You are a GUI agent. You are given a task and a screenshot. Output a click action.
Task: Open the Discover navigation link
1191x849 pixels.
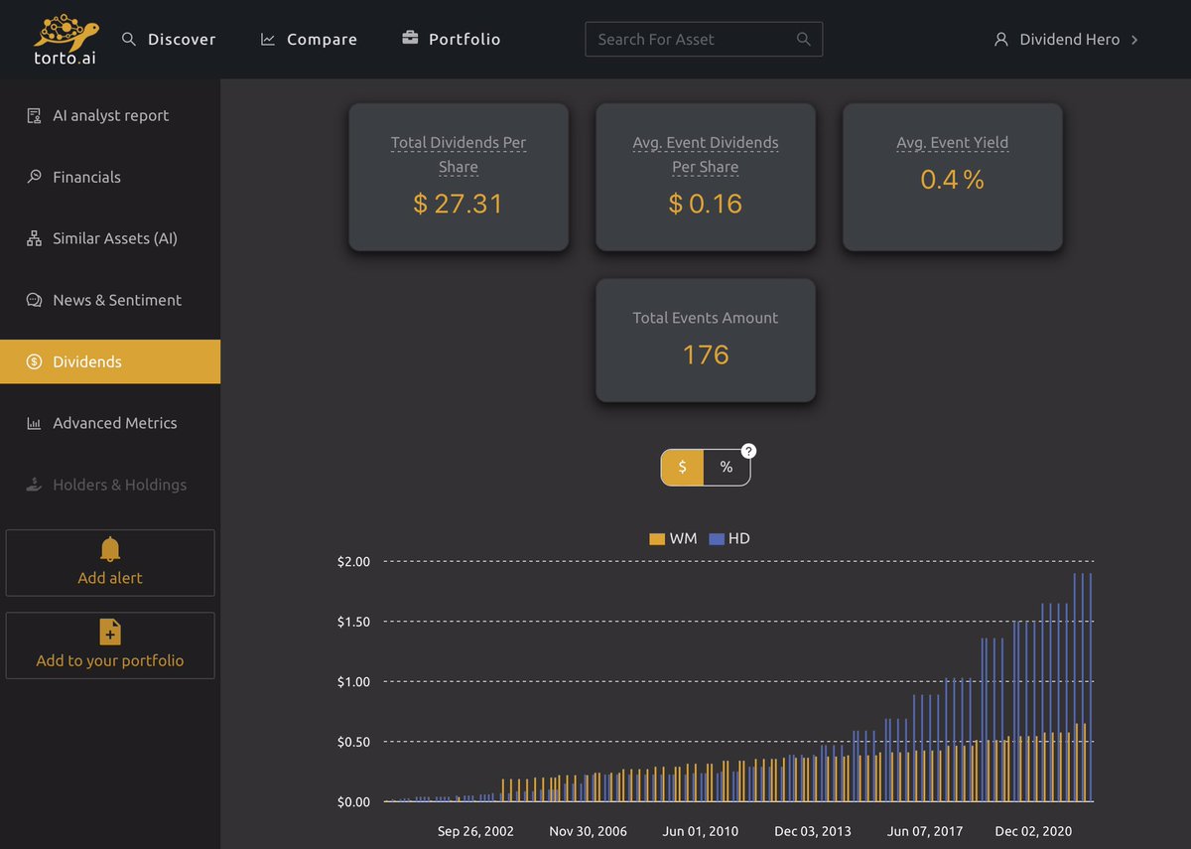[x=169, y=40]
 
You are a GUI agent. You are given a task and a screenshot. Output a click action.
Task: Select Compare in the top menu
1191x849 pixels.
[x=309, y=40]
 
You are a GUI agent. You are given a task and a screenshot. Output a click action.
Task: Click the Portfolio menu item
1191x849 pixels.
[x=452, y=40]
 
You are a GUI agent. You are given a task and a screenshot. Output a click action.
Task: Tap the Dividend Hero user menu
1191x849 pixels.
[x=1066, y=40]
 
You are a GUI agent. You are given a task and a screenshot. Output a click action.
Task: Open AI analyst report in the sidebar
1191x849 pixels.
[x=110, y=115]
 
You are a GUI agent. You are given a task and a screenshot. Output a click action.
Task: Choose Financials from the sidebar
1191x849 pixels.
[x=86, y=177]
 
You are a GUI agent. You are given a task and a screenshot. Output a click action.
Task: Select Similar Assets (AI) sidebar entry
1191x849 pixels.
[x=114, y=238]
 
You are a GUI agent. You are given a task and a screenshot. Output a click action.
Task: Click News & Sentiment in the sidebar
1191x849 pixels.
[x=116, y=300]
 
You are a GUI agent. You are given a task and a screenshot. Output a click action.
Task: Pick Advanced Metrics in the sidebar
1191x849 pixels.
[x=114, y=423]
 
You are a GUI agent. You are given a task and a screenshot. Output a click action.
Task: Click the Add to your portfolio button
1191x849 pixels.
[x=110, y=646]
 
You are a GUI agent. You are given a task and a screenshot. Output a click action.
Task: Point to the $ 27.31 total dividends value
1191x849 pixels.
[x=458, y=204]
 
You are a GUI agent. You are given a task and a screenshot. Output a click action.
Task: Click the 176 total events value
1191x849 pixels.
[x=706, y=354]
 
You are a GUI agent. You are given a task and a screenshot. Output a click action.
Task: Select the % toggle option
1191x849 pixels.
[x=727, y=467]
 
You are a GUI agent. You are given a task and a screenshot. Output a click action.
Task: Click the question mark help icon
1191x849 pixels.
[x=749, y=451]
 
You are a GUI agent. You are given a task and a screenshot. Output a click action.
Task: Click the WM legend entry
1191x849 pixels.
[x=673, y=538]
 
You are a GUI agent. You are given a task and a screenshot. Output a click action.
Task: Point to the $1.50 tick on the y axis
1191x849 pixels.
[x=353, y=622]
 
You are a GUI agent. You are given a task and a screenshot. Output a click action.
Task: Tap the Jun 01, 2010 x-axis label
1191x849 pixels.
[x=701, y=831]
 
